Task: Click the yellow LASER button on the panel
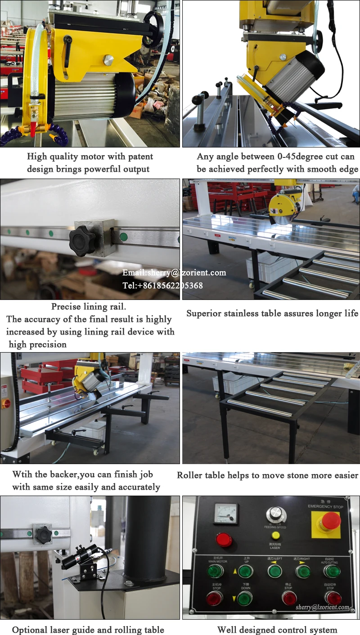click(x=275, y=536)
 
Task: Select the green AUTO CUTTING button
click(x=333, y=571)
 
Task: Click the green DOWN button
click(x=245, y=598)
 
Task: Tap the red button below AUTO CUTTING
click(x=333, y=598)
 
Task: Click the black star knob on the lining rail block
click(x=83, y=241)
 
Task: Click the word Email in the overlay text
click(x=134, y=273)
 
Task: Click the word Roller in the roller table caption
click(x=189, y=475)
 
